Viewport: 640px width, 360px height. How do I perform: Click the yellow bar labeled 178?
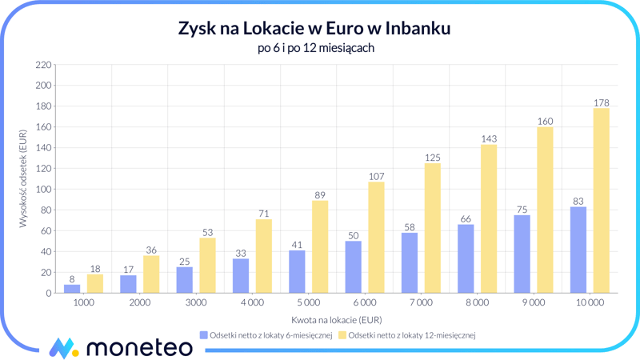601,200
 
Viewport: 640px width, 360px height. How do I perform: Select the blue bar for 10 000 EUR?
578,250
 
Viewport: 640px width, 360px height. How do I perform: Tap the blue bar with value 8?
72,289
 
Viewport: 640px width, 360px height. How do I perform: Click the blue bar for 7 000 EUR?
409,262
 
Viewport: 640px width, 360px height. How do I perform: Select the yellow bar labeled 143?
489,218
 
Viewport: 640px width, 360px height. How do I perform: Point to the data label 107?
376,176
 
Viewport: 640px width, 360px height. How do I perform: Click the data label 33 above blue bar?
240,253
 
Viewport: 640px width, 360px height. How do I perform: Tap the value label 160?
545,122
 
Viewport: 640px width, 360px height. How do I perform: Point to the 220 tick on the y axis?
43,65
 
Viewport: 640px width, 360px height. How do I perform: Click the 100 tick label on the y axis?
43,190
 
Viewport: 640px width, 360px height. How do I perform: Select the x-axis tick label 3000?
196,303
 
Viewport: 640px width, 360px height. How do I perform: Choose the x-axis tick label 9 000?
533,303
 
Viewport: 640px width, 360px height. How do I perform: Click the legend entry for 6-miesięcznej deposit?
266,335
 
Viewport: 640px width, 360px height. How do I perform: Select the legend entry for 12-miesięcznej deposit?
406,335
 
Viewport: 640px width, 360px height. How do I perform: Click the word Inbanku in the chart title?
418,29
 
